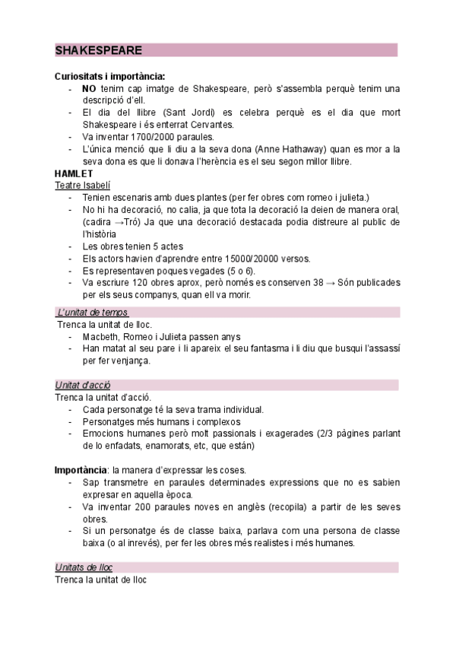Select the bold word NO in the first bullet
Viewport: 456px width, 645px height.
[89, 89]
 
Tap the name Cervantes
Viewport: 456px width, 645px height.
[215, 125]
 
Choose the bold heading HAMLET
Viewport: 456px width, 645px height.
[74, 173]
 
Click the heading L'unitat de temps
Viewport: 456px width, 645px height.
[93, 313]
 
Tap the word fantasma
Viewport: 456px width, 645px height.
[280, 348]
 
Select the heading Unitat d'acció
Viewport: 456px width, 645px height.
[83, 385]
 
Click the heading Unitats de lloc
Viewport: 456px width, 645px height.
[84, 567]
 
